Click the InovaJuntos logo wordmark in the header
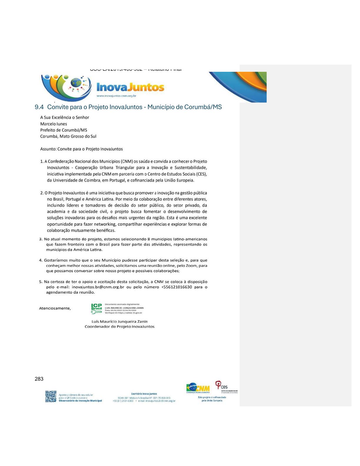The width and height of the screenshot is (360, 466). [130, 87]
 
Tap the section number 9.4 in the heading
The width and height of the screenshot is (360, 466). [39, 107]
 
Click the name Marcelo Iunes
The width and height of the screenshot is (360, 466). [54, 124]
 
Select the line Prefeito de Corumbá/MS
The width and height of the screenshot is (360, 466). [64, 130]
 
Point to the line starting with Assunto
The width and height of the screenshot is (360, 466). [81, 149]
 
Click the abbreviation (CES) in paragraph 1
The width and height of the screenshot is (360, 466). [201, 174]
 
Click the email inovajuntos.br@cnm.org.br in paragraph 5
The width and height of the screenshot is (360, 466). [98, 287]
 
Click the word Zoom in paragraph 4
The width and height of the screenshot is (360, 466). [191, 266]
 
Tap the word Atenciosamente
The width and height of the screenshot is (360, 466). [55, 308]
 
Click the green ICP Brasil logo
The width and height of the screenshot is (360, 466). [96, 308]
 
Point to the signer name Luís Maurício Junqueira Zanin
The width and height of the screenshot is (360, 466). [119, 322]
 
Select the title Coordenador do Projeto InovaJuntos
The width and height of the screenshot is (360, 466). [119, 327]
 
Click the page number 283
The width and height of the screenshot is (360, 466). [39, 379]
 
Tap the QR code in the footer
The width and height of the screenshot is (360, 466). [51, 396]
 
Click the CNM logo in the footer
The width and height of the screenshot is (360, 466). [198, 388]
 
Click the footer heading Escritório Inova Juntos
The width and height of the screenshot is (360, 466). [144, 394]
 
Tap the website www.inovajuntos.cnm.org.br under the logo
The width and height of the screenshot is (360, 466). [116, 96]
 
